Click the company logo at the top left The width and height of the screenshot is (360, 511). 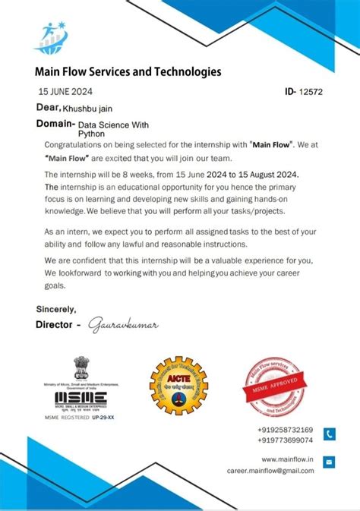click(53, 38)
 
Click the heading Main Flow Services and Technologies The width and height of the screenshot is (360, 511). click(128, 72)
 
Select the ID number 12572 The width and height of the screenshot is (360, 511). click(311, 91)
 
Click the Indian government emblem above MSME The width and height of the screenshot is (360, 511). click(81, 369)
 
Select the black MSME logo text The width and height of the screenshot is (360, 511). click(81, 398)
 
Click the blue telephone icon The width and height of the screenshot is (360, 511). click(329, 434)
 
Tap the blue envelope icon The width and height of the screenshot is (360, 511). click(329, 461)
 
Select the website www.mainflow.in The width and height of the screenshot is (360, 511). click(288, 459)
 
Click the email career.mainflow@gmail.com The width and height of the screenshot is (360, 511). click(270, 470)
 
